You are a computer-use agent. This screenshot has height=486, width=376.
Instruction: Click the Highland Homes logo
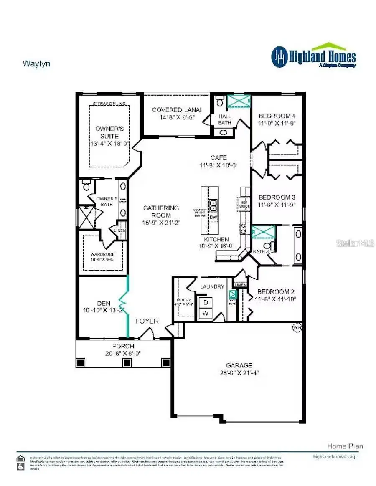click(313, 56)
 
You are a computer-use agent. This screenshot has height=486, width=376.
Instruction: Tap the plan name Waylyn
click(36, 64)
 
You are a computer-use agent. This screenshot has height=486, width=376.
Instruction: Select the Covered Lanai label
click(177, 110)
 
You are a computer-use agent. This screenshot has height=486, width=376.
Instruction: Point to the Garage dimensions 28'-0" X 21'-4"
click(239, 372)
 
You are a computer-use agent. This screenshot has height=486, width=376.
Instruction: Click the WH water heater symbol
click(297, 327)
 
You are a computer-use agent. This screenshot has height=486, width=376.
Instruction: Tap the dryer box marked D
click(206, 303)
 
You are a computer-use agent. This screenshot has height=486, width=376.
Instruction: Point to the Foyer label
click(147, 321)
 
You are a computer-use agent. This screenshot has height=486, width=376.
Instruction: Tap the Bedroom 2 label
click(274, 291)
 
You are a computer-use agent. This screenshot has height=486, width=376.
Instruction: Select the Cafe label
click(218, 158)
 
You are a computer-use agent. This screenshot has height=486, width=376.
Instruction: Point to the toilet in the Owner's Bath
click(86, 184)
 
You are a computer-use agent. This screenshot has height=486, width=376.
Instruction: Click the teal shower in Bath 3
click(263, 232)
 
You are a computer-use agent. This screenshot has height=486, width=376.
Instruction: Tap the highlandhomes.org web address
click(334, 456)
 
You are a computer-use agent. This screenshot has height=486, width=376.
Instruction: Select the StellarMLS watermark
click(354, 243)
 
